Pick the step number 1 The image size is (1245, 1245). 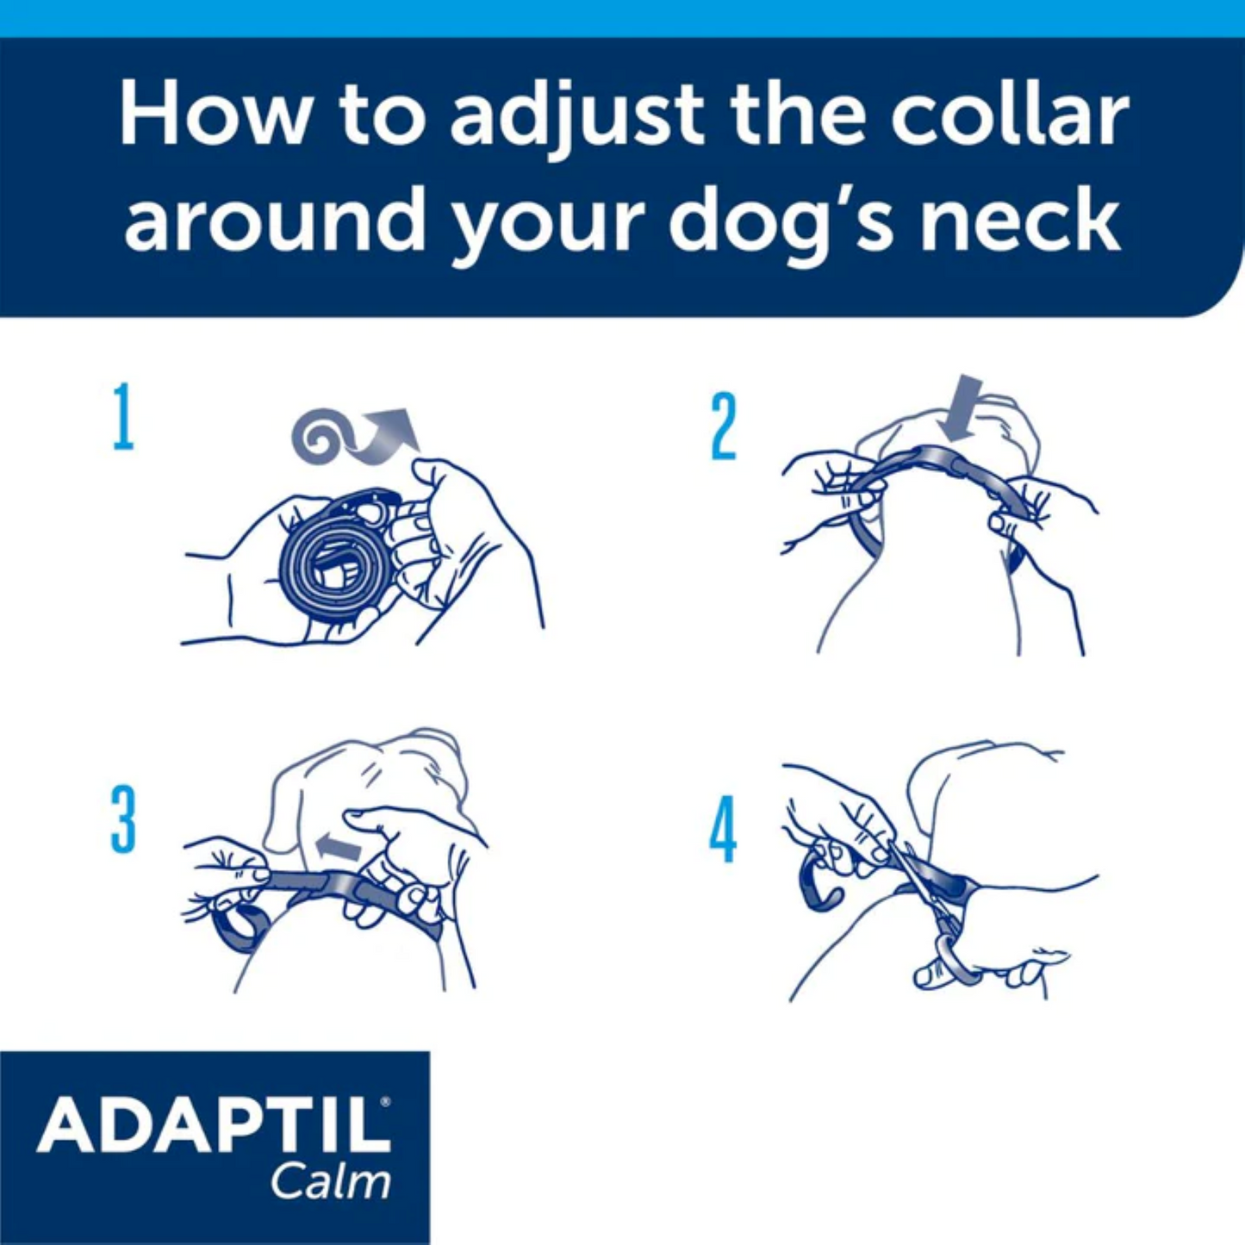click(124, 418)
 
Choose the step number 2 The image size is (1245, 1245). click(724, 426)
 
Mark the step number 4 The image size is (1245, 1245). click(723, 829)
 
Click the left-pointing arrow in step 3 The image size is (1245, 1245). click(338, 846)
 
